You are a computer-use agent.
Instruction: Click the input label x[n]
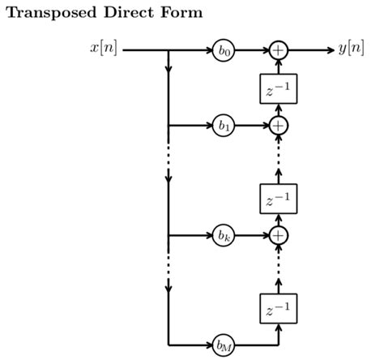point(104,49)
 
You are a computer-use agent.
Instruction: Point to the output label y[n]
point(352,49)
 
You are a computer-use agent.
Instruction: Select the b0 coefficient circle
point(224,50)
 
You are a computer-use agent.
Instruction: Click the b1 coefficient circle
point(224,126)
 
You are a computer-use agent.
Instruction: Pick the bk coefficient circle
point(224,236)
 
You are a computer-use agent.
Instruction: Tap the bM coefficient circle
point(224,345)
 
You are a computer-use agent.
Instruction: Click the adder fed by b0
point(278,50)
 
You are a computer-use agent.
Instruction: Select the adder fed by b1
point(278,126)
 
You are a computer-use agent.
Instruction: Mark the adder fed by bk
point(278,236)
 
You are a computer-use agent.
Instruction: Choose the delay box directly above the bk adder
point(278,198)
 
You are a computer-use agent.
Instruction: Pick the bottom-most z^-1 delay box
point(278,307)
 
